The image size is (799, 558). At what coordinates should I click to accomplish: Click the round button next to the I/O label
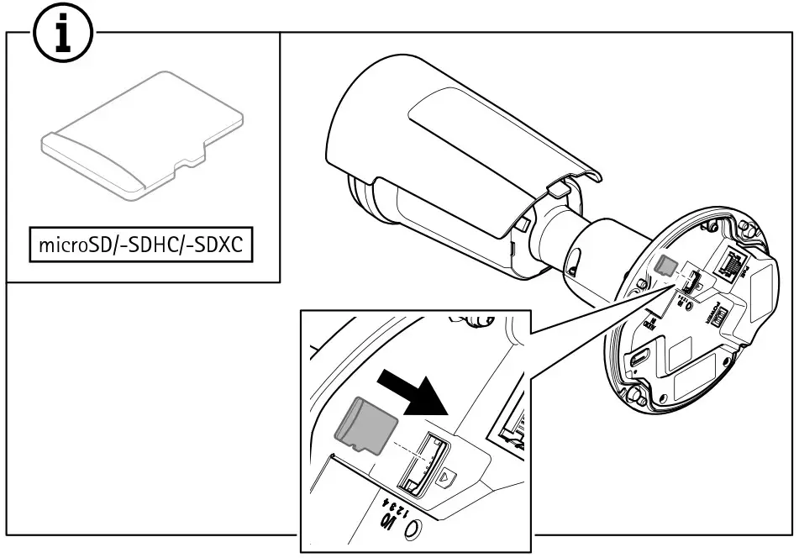414,530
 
